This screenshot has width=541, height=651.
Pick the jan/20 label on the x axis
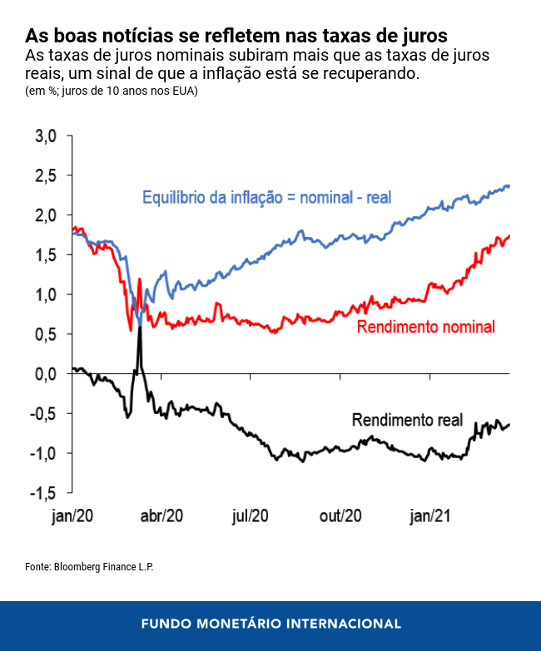[72, 515]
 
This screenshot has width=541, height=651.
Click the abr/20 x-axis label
[161, 515]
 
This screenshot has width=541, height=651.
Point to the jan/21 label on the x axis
[430, 515]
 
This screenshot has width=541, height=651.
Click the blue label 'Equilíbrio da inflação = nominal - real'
[266, 198]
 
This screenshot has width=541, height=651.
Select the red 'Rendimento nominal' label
[425, 327]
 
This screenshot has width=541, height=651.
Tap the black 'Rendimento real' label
[407, 420]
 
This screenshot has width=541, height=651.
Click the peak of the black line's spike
[140, 320]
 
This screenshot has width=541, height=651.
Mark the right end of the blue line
[509, 185]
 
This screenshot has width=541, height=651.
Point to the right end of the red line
[509, 236]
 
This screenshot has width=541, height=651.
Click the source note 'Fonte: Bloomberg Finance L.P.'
[89, 566]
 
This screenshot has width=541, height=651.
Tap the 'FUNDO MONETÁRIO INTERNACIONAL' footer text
[270, 624]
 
